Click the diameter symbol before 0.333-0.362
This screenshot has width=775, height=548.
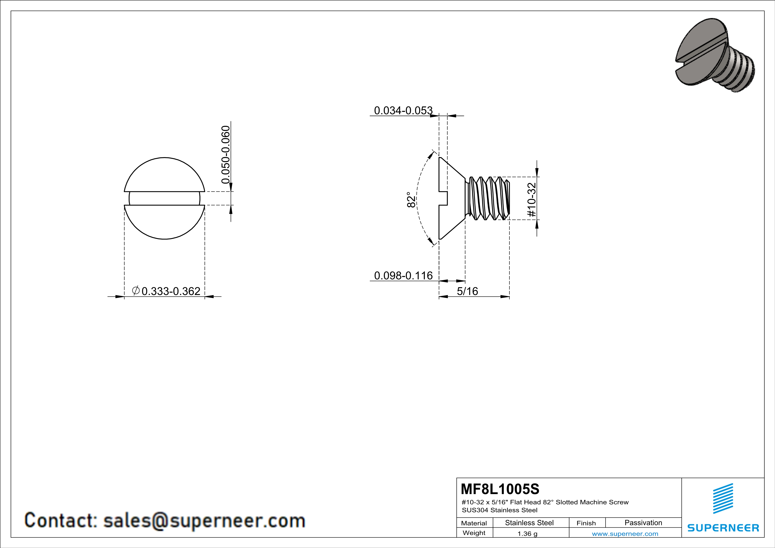point(136,290)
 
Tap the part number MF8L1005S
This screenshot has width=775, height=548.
point(500,489)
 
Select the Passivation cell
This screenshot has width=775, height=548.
point(643,523)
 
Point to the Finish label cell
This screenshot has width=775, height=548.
point(586,523)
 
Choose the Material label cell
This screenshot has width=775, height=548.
point(474,523)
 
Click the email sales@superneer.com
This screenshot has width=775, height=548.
point(204,520)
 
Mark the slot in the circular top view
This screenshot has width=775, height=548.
point(164,198)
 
